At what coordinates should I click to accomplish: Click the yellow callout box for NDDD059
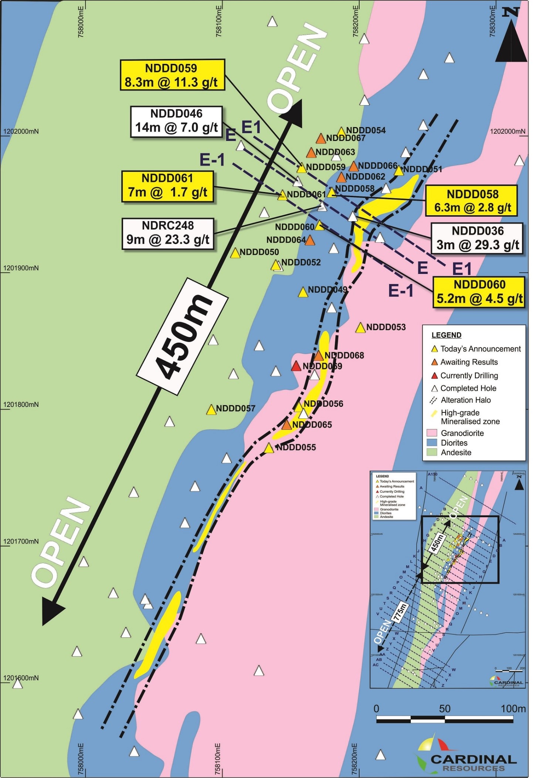(172, 75)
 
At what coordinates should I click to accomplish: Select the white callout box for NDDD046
(176, 121)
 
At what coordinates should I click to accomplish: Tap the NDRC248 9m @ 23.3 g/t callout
(168, 233)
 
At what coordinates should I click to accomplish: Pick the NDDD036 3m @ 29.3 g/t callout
(478, 238)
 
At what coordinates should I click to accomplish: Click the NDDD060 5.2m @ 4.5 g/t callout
(479, 292)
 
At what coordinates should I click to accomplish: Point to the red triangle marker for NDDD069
(296, 367)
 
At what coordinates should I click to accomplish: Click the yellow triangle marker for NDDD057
(211, 410)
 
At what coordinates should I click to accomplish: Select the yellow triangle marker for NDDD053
(360, 328)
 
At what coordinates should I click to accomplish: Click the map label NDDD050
(259, 252)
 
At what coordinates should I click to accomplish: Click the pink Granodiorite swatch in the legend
(432, 433)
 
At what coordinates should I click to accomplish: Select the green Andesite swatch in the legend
(432, 452)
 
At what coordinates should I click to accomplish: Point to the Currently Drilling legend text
(469, 376)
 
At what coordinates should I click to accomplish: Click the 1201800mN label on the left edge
(21, 405)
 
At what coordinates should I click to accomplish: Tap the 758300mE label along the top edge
(492, 21)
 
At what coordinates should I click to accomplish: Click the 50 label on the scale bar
(445, 709)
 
